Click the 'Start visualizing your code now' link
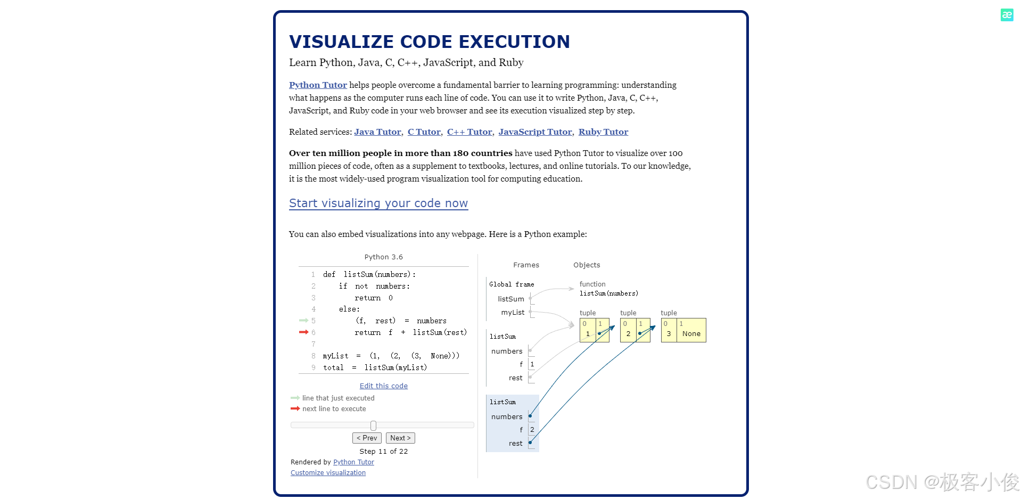click(378, 203)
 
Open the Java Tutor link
click(377, 132)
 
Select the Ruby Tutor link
click(603, 132)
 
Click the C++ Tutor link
click(469, 132)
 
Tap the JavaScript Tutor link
click(535, 132)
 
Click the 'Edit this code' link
click(383, 386)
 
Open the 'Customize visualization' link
click(328, 473)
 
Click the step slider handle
click(373, 426)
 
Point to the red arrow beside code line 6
click(303, 332)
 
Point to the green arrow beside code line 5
click(303, 321)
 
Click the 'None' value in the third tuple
click(691, 334)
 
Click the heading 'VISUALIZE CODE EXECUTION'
click(429, 42)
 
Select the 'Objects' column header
click(587, 265)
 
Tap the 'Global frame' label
click(512, 284)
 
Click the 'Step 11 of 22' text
click(383, 452)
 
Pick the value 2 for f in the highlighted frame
click(532, 430)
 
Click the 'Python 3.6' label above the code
click(383, 257)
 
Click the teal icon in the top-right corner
click(1007, 15)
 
